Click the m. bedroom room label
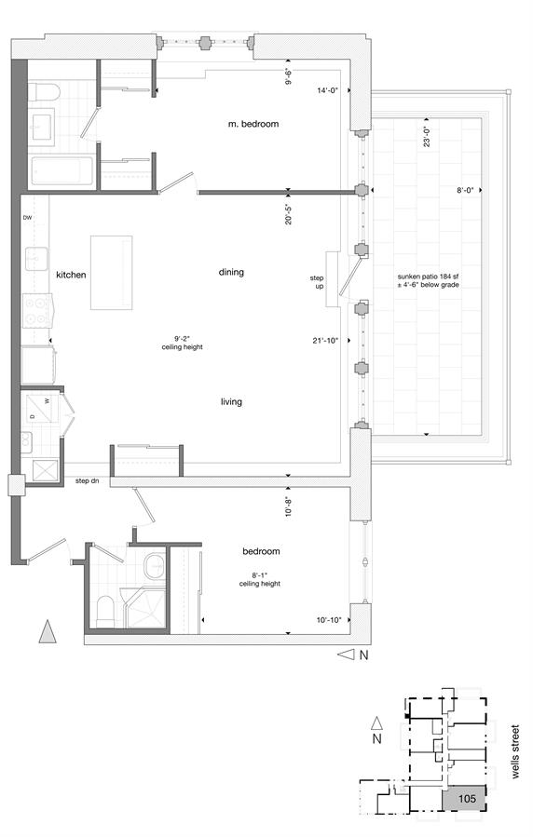253,124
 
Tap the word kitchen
71,275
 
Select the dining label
231,272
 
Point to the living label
231,401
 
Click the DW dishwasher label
27,217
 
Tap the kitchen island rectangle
111,272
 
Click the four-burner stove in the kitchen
35,311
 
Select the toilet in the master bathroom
43,92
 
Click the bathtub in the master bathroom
61,170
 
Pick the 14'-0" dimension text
328,90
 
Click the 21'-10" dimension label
326,341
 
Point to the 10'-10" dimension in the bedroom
329,620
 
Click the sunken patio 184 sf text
429,277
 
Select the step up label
317,282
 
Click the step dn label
87,481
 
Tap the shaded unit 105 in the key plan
465,799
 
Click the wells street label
515,751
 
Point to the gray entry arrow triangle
48,631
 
